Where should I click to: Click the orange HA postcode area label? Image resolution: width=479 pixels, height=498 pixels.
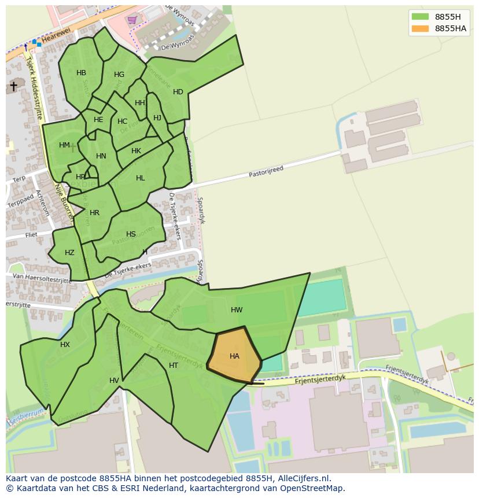(x=234, y=356)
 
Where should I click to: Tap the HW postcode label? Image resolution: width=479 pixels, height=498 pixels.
(x=237, y=310)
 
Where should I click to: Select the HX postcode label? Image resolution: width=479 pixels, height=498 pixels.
(x=65, y=345)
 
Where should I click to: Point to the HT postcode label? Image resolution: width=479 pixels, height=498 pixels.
(x=174, y=366)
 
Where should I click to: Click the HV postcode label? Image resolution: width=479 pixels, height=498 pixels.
(x=114, y=380)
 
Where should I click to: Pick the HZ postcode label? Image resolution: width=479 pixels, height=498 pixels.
(x=69, y=253)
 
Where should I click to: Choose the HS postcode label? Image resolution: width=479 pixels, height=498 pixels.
(x=131, y=234)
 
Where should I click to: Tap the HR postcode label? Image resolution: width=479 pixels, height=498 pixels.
(x=95, y=213)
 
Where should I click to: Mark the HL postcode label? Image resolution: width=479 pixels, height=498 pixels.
(x=141, y=178)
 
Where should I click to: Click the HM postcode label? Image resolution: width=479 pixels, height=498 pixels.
(x=64, y=145)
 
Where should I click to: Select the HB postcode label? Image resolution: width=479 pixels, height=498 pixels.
(x=81, y=73)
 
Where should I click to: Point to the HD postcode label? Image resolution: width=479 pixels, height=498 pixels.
(x=178, y=92)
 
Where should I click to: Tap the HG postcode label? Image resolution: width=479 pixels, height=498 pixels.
(x=119, y=75)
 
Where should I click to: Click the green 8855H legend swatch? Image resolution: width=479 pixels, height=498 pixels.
(x=420, y=17)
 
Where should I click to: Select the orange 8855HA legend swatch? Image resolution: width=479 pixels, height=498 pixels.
(x=420, y=28)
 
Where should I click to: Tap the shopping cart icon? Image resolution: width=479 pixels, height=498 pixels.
(x=132, y=20)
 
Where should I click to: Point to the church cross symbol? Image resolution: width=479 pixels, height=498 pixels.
(x=13, y=86)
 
